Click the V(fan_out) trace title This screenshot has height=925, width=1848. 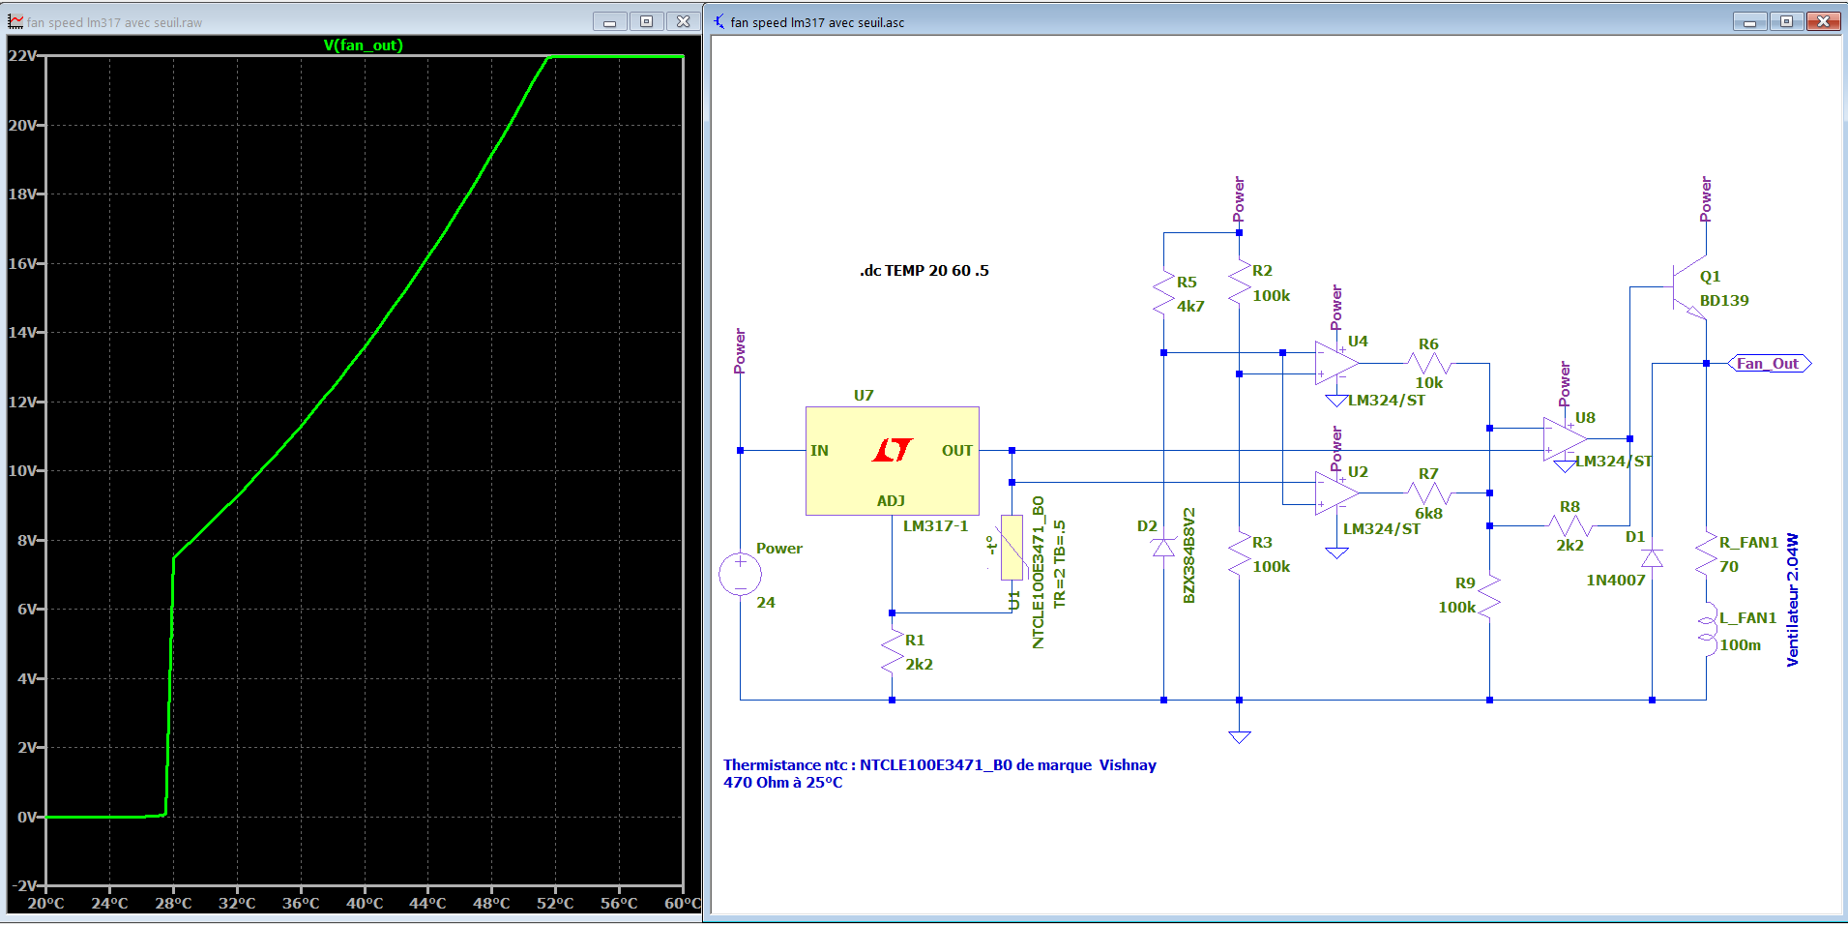tap(363, 45)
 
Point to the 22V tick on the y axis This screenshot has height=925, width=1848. tap(23, 56)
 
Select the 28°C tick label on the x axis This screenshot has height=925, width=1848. tap(173, 904)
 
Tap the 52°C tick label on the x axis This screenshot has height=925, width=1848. tap(555, 904)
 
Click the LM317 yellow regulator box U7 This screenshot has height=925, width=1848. tap(892, 461)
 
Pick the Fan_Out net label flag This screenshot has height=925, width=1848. tap(1768, 364)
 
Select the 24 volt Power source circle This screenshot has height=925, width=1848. tap(740, 575)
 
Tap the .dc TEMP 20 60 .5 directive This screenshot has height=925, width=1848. tap(924, 271)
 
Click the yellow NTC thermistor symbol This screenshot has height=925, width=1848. tap(1012, 548)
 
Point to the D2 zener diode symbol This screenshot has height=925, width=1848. tap(1163, 549)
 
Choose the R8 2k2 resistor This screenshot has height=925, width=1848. tap(1569, 526)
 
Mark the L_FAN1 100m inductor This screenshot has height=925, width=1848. tap(1707, 630)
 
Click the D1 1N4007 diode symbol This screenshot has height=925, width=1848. tap(1652, 558)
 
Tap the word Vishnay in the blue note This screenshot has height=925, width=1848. tap(1128, 765)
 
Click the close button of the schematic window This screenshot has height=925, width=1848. tap(1823, 21)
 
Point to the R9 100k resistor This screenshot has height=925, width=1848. tap(1489, 596)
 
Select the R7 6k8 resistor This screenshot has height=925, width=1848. tap(1428, 492)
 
